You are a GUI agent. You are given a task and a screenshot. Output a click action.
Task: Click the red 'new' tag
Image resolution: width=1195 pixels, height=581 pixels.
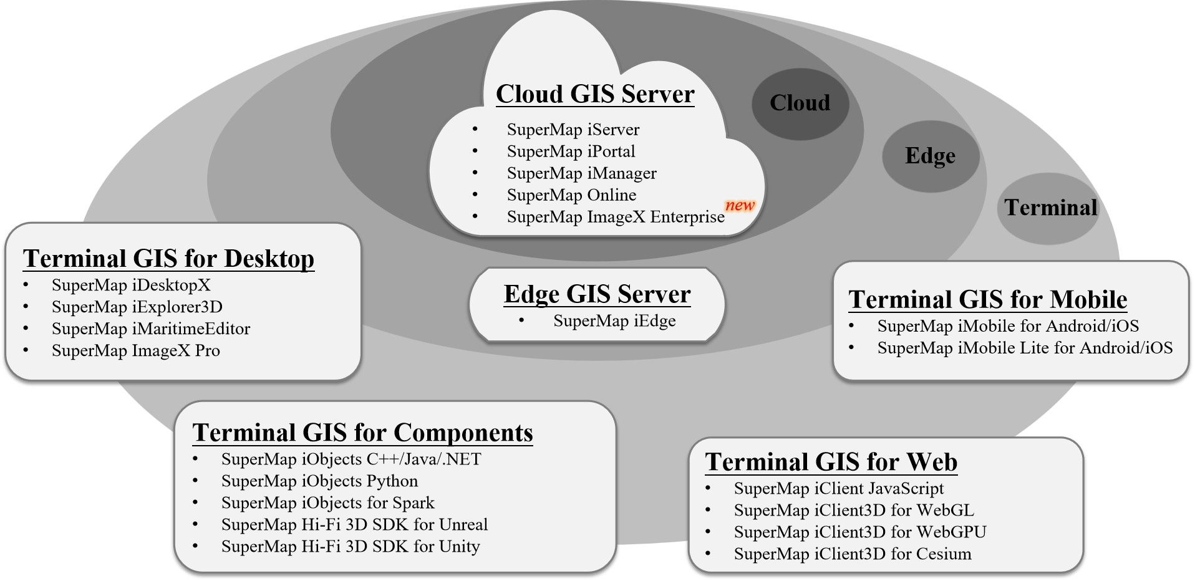(x=740, y=205)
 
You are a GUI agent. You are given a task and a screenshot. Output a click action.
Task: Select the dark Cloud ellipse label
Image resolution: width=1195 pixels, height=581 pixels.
(x=800, y=103)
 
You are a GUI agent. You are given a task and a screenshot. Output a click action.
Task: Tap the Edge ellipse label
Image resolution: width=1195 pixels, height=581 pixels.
(x=930, y=155)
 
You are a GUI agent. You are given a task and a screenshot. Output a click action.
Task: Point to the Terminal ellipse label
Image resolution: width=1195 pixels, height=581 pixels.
(x=1050, y=208)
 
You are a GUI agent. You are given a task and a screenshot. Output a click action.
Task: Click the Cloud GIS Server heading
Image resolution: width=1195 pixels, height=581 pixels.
(x=595, y=94)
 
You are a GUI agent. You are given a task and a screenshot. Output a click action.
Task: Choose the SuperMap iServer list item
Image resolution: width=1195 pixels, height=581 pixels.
(x=573, y=130)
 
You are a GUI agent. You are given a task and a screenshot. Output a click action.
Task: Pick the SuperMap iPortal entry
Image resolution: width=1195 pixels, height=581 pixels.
(x=571, y=151)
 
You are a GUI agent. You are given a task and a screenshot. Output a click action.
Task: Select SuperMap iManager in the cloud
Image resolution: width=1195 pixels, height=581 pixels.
(x=581, y=173)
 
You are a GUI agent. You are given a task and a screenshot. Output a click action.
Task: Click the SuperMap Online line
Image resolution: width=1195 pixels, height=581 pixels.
(x=571, y=195)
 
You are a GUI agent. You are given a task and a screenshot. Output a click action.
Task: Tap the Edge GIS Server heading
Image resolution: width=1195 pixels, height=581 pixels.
(x=597, y=294)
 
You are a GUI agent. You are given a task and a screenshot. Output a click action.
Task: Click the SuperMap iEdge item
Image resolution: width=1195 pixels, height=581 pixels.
(x=614, y=321)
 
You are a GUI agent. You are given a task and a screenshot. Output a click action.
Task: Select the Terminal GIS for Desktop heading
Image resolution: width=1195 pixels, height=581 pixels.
(x=168, y=259)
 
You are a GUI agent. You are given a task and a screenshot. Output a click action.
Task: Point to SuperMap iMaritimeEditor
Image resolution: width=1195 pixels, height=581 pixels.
(x=151, y=329)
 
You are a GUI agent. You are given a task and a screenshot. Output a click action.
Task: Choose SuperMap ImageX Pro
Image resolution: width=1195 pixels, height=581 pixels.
(x=135, y=350)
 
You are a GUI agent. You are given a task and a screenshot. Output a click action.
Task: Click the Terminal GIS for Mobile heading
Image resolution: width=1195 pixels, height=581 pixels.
(x=987, y=300)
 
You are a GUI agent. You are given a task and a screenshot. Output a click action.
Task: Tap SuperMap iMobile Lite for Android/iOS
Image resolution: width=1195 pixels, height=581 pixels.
(x=1025, y=348)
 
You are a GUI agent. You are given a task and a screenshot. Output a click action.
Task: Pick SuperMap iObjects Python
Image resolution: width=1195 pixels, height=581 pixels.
(x=319, y=481)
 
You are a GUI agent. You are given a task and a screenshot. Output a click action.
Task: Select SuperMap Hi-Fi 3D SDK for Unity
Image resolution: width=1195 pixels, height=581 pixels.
(x=351, y=547)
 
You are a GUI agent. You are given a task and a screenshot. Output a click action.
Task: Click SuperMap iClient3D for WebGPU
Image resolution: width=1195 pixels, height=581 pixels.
(x=860, y=532)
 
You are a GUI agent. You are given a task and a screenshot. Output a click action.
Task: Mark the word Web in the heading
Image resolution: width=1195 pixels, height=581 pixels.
(x=932, y=463)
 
